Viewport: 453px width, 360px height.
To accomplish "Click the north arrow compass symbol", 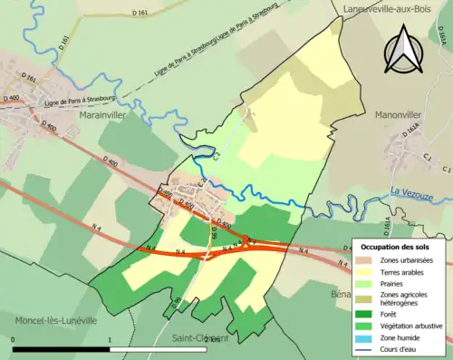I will point(402,49).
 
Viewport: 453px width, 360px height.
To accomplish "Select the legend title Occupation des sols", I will point(395,247).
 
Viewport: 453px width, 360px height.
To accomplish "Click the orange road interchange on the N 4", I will point(246,242).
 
